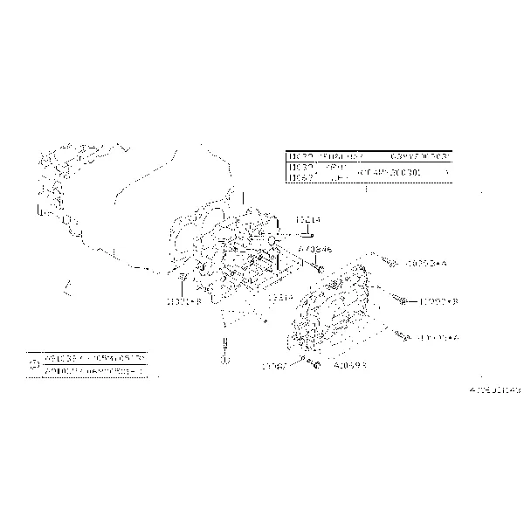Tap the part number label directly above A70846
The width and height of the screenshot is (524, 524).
[308, 221]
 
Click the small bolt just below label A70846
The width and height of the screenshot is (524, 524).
[321, 269]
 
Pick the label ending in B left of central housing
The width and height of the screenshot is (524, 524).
[184, 301]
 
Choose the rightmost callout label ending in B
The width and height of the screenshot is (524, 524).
[439, 301]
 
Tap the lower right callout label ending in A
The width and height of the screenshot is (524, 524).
[439, 337]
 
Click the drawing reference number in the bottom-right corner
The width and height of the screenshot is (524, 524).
[494, 390]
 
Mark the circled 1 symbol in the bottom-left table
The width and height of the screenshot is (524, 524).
[33, 365]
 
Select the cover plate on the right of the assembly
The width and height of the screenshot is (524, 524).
[337, 301]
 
